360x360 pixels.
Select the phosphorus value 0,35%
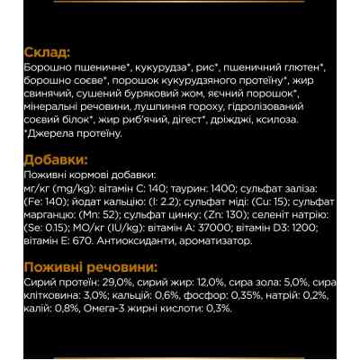[222, 295]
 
